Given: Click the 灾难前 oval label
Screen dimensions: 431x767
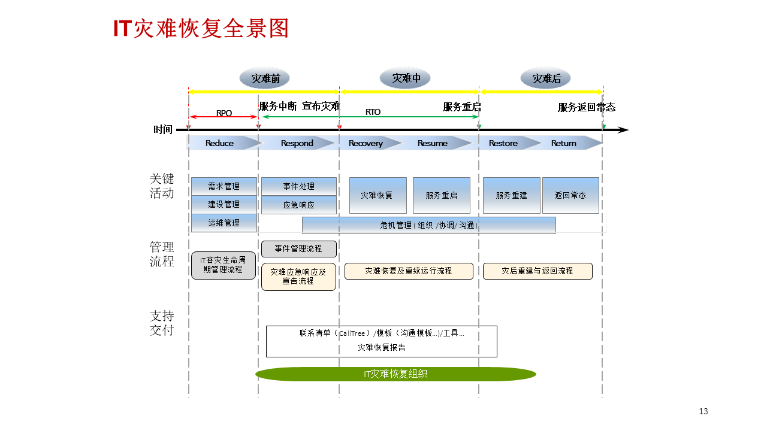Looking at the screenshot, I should pyautogui.click(x=264, y=78).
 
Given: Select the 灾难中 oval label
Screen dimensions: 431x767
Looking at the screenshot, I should pyautogui.click(x=406, y=78).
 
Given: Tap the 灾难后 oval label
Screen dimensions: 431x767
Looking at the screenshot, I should pyautogui.click(x=545, y=78).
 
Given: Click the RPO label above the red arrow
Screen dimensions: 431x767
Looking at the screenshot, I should pyautogui.click(x=224, y=113).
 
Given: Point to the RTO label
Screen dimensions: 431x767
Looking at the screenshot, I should pyautogui.click(x=373, y=112).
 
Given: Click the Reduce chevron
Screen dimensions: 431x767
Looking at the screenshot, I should pyautogui.click(x=220, y=143).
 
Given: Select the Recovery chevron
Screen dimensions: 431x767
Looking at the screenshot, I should pyautogui.click(x=366, y=143).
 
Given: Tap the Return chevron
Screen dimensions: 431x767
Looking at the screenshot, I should pyautogui.click(x=564, y=143).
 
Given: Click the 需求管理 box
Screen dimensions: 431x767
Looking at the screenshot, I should pyautogui.click(x=224, y=186).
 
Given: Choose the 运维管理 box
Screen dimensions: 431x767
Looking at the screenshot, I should pyautogui.click(x=224, y=223).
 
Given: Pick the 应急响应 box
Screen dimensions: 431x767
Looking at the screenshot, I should pyautogui.click(x=298, y=205).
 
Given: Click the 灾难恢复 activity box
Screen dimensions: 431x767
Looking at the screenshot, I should pyautogui.click(x=378, y=195).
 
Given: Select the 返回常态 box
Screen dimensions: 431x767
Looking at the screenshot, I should pyautogui.click(x=570, y=195).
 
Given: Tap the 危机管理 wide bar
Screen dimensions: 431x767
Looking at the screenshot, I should pyautogui.click(x=428, y=225).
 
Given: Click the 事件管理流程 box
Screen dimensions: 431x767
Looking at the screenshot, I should pyautogui.click(x=298, y=248).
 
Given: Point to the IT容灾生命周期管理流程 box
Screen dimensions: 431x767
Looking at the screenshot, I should pyautogui.click(x=223, y=265).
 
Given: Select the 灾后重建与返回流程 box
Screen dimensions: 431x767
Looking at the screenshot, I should pyautogui.click(x=537, y=271).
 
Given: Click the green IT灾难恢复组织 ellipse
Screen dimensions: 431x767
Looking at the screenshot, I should pyautogui.click(x=395, y=374).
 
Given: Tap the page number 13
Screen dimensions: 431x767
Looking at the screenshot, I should pyautogui.click(x=703, y=411).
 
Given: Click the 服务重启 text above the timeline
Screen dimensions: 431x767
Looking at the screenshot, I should pyautogui.click(x=461, y=107).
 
